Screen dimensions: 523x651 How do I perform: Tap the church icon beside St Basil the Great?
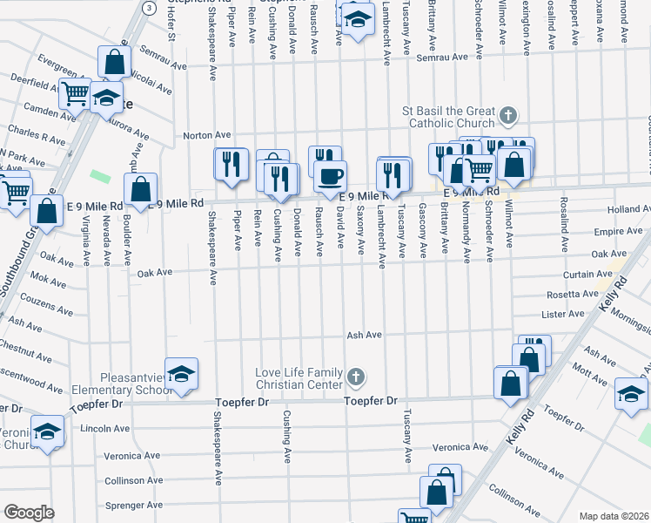[510, 115]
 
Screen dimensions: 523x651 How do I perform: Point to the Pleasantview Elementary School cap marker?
[181, 375]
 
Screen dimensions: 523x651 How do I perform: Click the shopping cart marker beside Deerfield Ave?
[76, 92]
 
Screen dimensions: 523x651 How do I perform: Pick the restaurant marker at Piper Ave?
[231, 165]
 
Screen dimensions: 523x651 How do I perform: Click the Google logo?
[29, 512]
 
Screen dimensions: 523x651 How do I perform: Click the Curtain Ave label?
[583, 274]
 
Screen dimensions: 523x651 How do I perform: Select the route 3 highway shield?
[150, 7]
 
